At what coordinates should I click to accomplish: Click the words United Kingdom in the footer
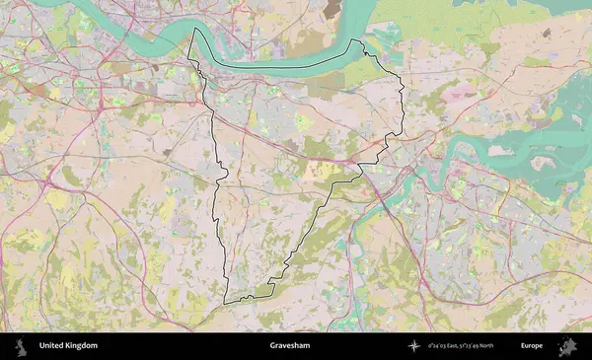[x=68, y=346]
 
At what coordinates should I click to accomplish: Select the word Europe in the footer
[x=532, y=346]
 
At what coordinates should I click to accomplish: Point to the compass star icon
[x=415, y=346]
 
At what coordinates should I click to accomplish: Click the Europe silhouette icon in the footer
[x=567, y=346]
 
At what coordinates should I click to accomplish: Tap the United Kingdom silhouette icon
[x=20, y=346]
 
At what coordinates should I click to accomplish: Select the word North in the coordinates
[x=486, y=346]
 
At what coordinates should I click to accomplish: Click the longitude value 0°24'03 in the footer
[x=438, y=346]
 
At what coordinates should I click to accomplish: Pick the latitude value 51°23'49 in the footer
[x=469, y=346]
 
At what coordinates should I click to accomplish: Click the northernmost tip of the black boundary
[x=191, y=28]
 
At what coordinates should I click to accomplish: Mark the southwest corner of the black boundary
[x=224, y=302]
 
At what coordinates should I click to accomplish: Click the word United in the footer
[x=51, y=346]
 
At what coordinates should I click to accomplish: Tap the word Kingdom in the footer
[x=82, y=346]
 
